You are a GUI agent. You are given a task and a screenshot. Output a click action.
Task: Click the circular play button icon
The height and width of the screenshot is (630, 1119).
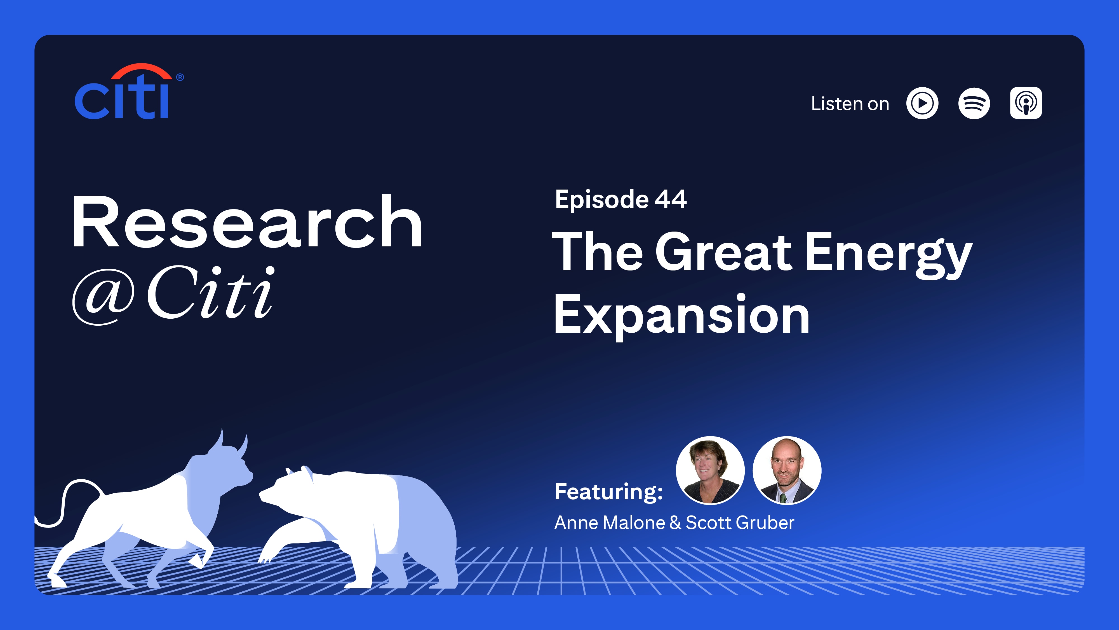pos(922,104)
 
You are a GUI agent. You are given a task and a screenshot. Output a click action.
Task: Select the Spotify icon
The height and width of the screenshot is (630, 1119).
pos(974,104)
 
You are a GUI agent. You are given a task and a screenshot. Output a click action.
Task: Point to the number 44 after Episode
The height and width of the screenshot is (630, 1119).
pos(670,200)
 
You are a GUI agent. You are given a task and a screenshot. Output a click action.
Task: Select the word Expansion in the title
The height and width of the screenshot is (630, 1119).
pos(681,315)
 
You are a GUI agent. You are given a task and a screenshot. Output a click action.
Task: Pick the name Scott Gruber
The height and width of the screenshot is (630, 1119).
pos(740,522)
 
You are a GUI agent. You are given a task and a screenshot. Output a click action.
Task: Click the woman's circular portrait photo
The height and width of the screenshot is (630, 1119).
pos(710,470)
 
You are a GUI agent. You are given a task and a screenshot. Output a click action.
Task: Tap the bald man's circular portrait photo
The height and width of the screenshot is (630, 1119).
pos(786,470)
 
